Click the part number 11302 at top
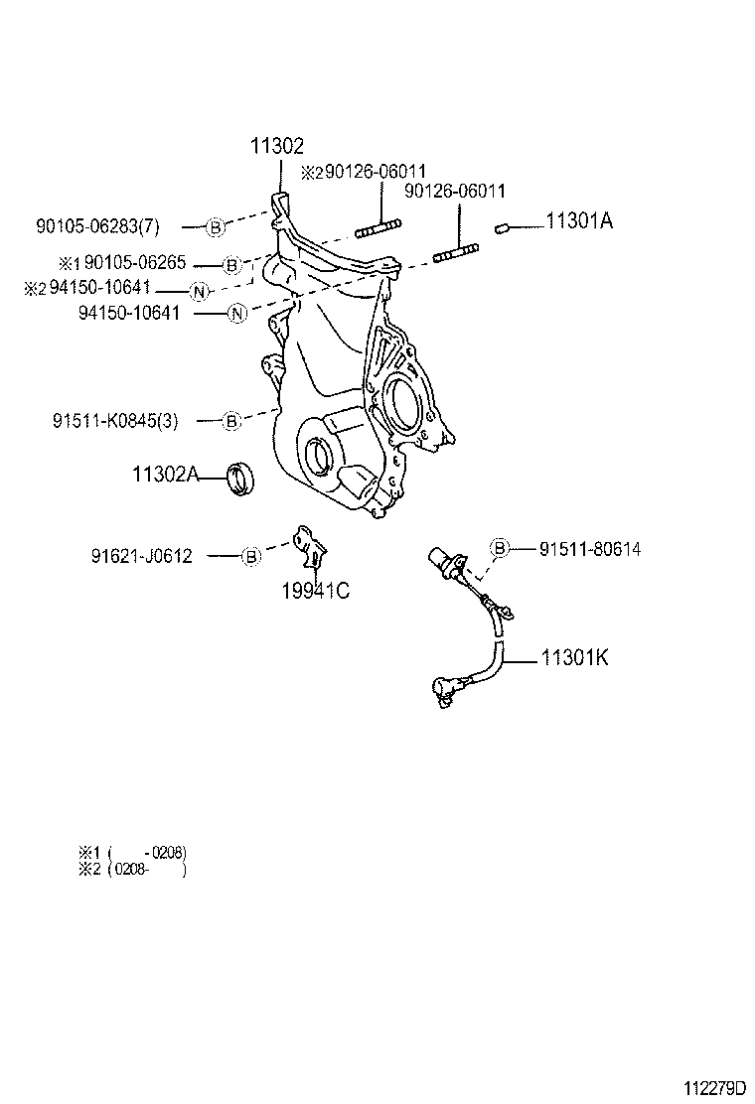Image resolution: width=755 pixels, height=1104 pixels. click(276, 146)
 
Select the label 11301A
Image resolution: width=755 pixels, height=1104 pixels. click(579, 221)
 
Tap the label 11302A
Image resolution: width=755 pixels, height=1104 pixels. click(165, 476)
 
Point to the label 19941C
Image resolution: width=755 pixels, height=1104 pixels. click(315, 593)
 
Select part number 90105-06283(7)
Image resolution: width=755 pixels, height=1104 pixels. click(97, 226)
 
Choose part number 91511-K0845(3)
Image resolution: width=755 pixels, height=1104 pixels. click(115, 421)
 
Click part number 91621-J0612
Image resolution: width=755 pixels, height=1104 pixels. click(141, 556)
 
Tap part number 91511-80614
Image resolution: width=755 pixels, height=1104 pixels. click(590, 548)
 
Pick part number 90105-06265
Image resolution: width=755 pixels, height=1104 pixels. click(139, 264)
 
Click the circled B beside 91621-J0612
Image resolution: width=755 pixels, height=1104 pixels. click(251, 557)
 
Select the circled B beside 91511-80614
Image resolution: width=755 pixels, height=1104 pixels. click(500, 548)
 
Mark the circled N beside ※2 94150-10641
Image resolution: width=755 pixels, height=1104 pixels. click(200, 291)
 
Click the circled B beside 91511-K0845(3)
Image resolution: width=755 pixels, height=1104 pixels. click(230, 421)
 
